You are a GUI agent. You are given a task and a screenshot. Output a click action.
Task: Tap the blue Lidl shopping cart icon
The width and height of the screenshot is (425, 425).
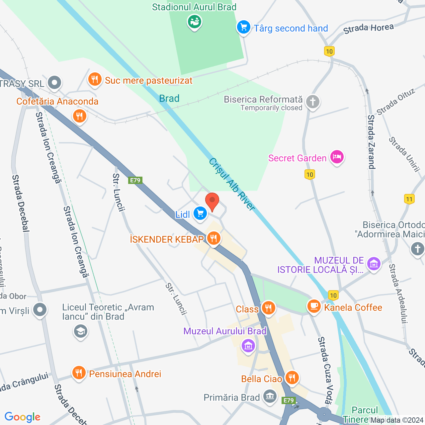[x=200, y=213]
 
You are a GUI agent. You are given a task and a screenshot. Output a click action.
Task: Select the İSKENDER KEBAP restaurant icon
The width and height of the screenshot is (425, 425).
[x=214, y=238]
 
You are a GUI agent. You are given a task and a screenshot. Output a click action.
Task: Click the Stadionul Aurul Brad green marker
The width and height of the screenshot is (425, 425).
[x=195, y=22]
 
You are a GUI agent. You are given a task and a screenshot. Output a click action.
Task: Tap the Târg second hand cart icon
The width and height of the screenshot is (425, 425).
[x=243, y=27]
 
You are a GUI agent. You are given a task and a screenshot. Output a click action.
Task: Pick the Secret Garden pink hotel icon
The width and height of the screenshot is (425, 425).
[x=337, y=157]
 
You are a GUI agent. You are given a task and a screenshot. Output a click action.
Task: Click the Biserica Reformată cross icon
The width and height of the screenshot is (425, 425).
[x=312, y=102]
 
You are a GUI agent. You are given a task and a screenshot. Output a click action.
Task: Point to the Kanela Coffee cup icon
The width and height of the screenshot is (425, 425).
[x=314, y=306]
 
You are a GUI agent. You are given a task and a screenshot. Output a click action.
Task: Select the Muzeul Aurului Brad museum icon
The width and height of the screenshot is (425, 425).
[x=248, y=346]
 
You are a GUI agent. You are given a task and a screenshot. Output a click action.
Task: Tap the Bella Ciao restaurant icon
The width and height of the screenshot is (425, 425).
[x=292, y=378]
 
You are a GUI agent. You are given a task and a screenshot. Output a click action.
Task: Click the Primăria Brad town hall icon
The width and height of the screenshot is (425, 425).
[x=270, y=396]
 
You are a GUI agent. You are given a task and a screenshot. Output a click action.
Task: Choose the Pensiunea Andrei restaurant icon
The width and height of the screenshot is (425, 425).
[x=79, y=373]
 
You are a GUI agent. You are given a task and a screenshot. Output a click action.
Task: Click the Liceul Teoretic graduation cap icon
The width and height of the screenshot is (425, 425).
[x=80, y=331]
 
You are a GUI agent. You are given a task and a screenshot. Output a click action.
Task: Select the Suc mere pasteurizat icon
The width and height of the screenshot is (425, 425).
[x=95, y=79]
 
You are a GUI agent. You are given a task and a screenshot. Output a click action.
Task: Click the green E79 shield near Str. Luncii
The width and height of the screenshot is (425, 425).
[x=135, y=180]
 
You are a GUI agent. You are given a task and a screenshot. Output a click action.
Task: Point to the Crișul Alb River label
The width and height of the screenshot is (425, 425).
[x=232, y=184]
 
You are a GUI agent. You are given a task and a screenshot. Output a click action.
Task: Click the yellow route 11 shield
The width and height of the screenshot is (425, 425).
[x=409, y=199]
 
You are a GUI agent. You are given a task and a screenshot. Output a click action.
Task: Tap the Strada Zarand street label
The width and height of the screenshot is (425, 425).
[x=371, y=142]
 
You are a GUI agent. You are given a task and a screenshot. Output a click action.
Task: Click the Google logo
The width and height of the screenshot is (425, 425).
[x=23, y=417]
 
